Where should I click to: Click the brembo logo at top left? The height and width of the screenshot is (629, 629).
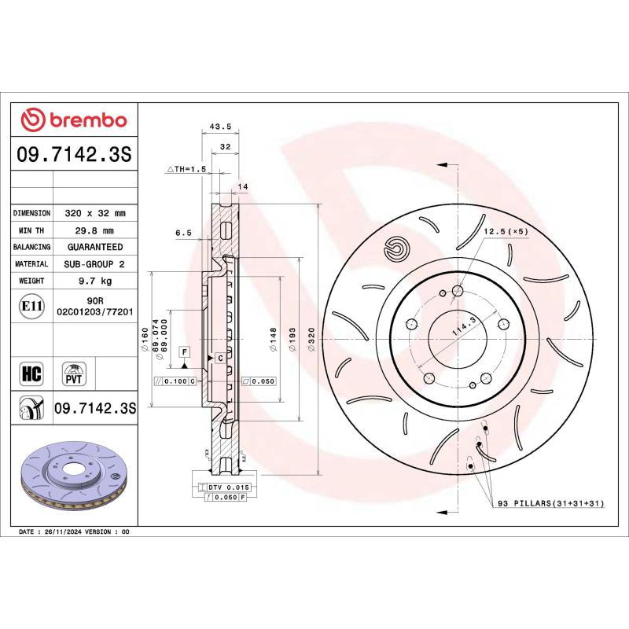[x=72, y=120]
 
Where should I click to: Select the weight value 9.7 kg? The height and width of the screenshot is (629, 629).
[x=94, y=281]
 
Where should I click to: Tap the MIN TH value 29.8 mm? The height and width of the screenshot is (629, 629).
[x=94, y=230]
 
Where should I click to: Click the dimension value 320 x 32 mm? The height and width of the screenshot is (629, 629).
[x=94, y=213]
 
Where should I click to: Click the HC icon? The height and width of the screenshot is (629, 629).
[x=32, y=372]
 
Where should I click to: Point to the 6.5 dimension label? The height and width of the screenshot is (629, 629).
[x=183, y=233]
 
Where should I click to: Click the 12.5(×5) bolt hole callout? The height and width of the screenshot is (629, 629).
[x=506, y=231]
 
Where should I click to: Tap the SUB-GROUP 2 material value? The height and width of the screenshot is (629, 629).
[x=94, y=264]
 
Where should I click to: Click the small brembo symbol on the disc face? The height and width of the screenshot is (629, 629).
[x=396, y=249]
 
